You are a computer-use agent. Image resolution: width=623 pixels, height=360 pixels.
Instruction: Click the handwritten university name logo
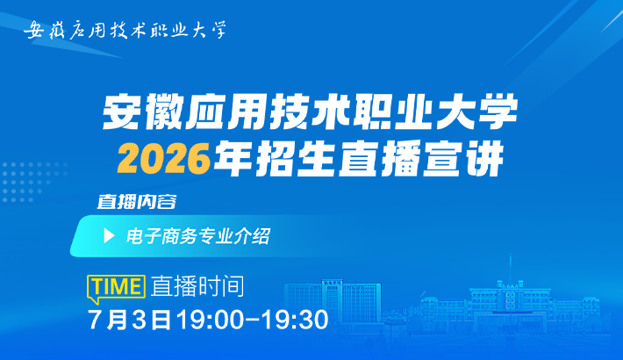(125, 30)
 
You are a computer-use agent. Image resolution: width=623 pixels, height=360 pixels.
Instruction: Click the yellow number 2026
(163, 160)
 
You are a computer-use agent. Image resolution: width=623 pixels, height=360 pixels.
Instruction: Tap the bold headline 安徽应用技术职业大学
(310, 112)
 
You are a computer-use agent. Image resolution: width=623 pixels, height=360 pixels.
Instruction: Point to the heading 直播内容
(137, 202)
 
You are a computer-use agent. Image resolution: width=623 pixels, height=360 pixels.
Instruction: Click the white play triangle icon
(109, 236)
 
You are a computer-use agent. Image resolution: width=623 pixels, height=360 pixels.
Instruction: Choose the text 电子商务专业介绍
(197, 236)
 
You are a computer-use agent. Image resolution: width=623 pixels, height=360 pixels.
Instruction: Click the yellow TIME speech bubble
(116, 288)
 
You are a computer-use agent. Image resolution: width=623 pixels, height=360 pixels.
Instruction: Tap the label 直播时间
(197, 286)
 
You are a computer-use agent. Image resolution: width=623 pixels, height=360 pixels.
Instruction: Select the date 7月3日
(129, 320)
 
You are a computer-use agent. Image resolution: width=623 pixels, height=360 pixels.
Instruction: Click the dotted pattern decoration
(33, 182)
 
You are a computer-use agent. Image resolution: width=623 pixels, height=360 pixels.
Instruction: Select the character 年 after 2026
(233, 160)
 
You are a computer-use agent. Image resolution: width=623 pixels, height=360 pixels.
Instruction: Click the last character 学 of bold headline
(498, 112)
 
